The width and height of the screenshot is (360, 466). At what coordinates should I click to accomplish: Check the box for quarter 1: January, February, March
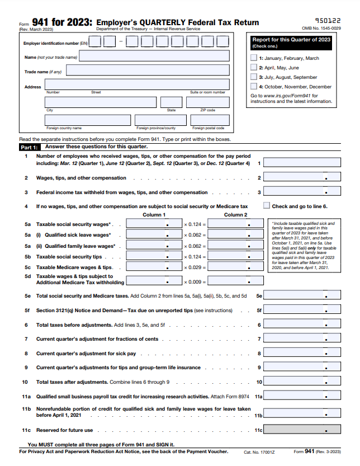[x=254, y=58]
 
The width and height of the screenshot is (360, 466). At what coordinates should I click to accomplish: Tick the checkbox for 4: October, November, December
[x=254, y=86]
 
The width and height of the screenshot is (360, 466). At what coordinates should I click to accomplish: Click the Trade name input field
[x=148, y=70]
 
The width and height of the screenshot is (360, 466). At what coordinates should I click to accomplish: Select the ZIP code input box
[x=207, y=102]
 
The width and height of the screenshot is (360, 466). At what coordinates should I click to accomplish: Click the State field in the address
[x=171, y=102]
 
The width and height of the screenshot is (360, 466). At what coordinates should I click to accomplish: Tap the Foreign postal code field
[x=207, y=120]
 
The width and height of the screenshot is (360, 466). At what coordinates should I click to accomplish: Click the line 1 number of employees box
[x=301, y=163]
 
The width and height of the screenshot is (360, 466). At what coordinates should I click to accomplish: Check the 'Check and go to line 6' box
[x=267, y=206]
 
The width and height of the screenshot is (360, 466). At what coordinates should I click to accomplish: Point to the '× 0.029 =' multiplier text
[x=195, y=267]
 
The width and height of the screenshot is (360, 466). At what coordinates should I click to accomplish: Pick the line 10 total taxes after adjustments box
[x=301, y=382]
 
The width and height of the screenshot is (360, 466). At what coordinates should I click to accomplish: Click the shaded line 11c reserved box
[x=301, y=430]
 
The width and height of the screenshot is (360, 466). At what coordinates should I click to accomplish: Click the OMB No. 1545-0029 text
[x=321, y=28]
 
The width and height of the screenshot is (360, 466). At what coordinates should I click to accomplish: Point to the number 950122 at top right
[x=328, y=20]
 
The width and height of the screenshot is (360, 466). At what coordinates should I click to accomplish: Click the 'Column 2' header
[x=235, y=214]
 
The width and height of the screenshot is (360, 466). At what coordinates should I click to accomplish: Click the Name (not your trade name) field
[x=155, y=57]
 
